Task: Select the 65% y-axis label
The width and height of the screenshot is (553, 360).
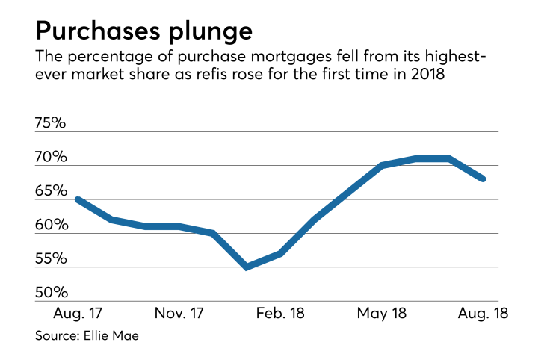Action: tap(50, 191)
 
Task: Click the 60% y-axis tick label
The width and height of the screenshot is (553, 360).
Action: tap(50, 225)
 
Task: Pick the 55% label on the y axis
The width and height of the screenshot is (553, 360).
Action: tap(50, 259)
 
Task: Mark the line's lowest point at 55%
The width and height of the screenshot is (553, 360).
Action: tap(247, 267)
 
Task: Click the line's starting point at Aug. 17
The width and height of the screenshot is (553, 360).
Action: tap(78, 199)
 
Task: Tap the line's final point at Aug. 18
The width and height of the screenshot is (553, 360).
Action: tap(483, 179)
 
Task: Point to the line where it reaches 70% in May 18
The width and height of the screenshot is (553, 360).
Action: tap(382, 165)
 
